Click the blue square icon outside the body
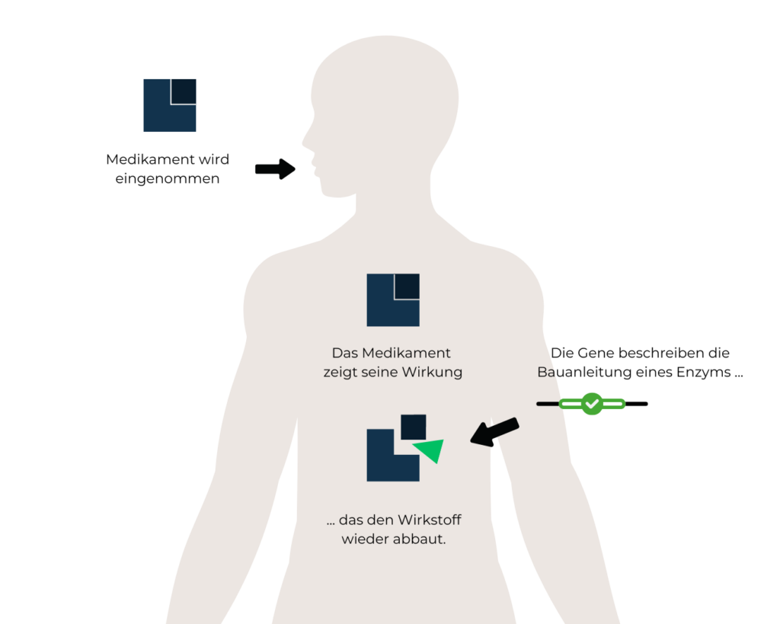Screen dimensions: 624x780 click(170, 105)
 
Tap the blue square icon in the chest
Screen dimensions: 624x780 click(393, 300)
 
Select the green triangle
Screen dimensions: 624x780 click(430, 450)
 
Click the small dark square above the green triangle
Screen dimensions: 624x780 click(413, 427)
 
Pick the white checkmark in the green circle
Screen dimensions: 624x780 click(592, 404)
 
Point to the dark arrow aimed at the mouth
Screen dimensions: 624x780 click(275, 169)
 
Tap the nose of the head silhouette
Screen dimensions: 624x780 click(304, 142)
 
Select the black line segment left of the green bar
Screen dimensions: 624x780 click(548, 404)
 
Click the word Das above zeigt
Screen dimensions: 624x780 click(344, 354)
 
